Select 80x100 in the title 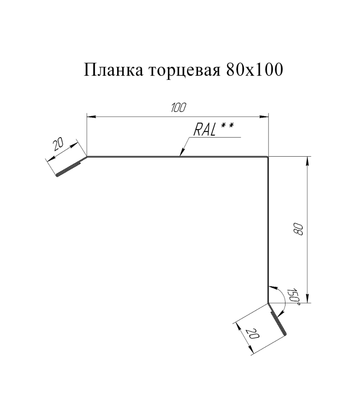tap(254, 69)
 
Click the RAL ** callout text tap(213, 129)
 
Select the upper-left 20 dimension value tap(58, 144)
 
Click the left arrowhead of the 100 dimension tap(91, 117)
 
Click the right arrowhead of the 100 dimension tap(264, 117)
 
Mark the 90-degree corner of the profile tap(267, 157)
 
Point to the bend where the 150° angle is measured tap(268, 303)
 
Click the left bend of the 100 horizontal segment tap(87, 157)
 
